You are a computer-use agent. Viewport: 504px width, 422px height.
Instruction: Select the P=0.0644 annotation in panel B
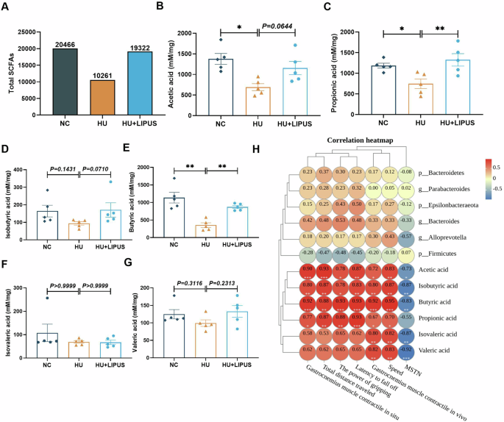pos(277,26)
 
